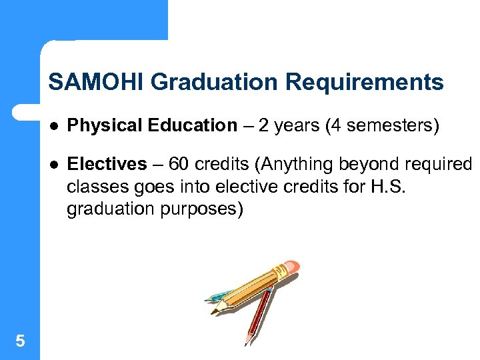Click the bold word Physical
[x=101, y=125]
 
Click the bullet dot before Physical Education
[x=54, y=126]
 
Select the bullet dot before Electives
[x=54, y=165]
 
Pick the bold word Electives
[x=107, y=164]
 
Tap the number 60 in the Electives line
[x=179, y=164]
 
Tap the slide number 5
[x=20, y=341]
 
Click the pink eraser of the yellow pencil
[x=291, y=267]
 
